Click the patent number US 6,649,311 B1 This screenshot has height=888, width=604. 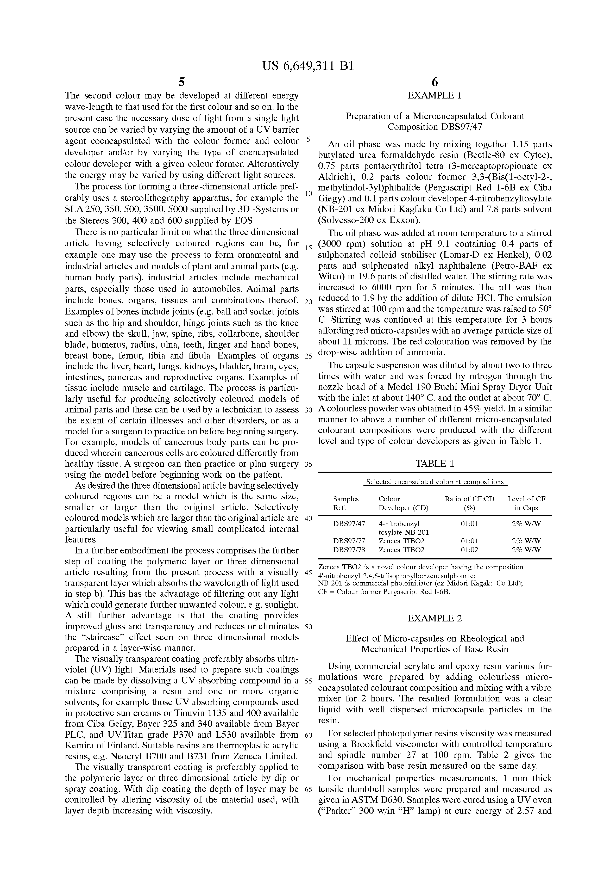pyautogui.click(x=308, y=66)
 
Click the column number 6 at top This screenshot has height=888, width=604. pyautogui.click(x=435, y=82)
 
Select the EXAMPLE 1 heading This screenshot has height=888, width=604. pyautogui.click(x=435, y=96)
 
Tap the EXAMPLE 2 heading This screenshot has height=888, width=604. pyautogui.click(x=435, y=618)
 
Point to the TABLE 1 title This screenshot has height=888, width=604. pyautogui.click(x=435, y=464)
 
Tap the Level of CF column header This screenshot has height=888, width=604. pyautogui.click(x=526, y=499)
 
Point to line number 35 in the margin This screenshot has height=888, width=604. pyautogui.click(x=309, y=465)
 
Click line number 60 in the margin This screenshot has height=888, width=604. pyautogui.click(x=309, y=735)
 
